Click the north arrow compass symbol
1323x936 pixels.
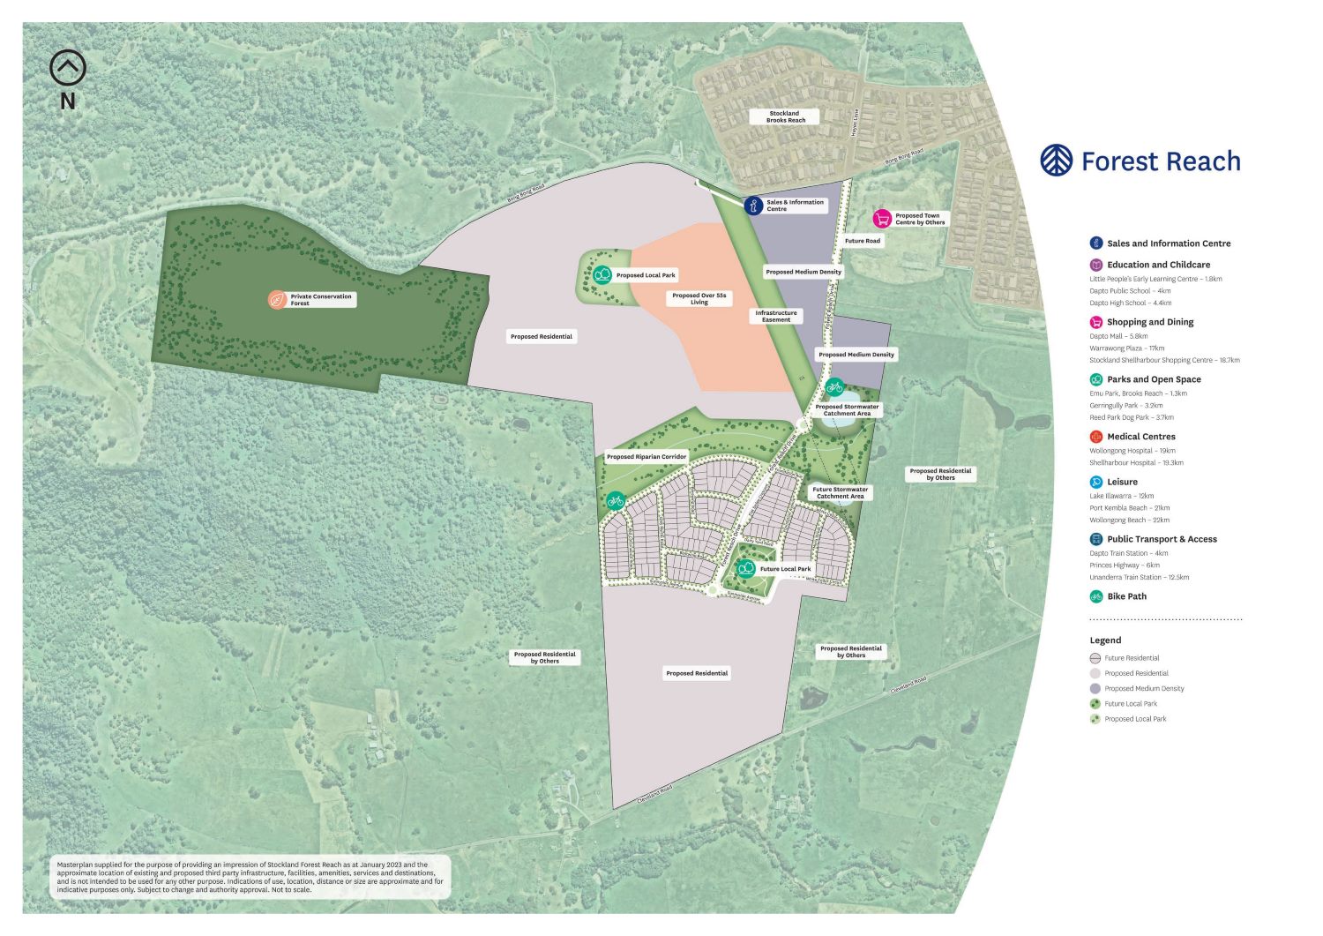pos(68,68)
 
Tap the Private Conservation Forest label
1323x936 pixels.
pos(320,300)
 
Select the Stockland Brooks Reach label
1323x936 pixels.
pos(785,116)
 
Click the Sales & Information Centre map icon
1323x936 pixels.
pos(753,206)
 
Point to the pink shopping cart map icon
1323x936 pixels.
pos(882,219)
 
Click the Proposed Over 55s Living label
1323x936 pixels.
pos(699,299)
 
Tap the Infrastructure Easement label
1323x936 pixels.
pos(776,316)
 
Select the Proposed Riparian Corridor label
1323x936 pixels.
pos(647,457)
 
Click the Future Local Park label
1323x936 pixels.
pos(785,569)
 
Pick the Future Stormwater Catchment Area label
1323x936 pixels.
pos(840,493)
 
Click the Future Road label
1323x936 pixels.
pos(862,241)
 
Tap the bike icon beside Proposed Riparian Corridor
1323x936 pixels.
pos(616,501)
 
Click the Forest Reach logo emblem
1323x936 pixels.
pos(1056,161)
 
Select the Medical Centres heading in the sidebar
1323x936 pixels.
pos(1140,437)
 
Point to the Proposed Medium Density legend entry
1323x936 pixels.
pos(1144,688)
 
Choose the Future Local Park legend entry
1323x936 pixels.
pos(1130,704)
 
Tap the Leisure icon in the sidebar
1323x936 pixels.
pos(1096,482)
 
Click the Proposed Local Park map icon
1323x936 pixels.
pos(602,275)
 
